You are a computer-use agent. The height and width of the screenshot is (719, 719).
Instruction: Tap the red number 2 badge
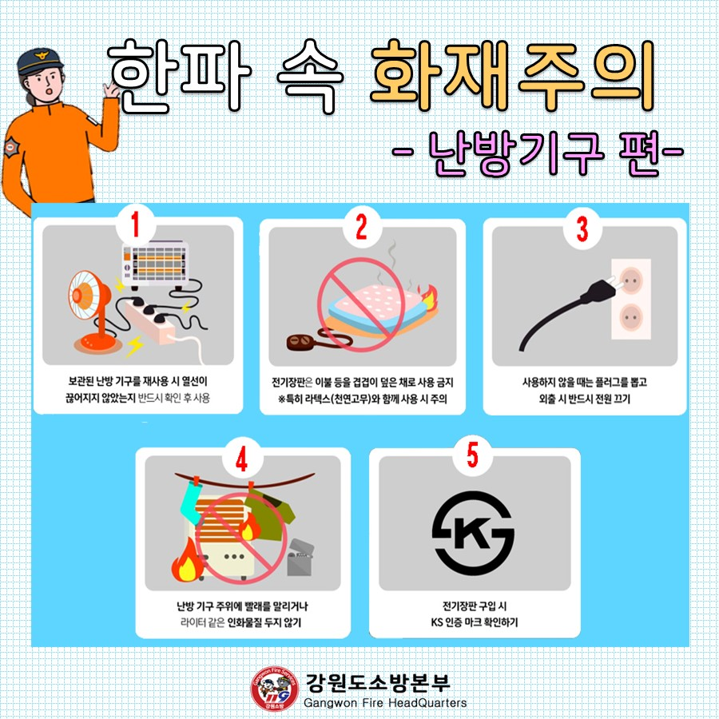(360, 228)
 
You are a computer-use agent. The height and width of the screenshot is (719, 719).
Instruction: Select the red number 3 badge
(582, 228)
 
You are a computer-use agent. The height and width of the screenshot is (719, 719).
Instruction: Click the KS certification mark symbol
(473, 533)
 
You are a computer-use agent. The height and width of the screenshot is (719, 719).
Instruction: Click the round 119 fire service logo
(273, 688)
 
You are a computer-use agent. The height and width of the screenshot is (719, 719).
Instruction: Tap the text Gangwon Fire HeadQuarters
(385, 703)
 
